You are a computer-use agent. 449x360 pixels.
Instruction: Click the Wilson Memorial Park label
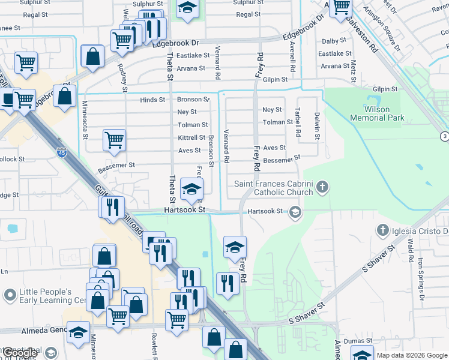(384, 113)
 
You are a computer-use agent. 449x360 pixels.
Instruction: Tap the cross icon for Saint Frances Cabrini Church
(322, 187)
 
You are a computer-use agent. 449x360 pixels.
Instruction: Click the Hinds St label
(152, 100)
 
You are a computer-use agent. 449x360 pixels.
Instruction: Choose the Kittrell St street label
(191, 137)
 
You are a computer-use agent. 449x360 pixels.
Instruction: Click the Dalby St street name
(331, 41)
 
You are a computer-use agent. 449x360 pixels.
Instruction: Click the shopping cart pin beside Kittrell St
(114, 140)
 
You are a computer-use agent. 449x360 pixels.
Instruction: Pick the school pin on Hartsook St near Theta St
(192, 190)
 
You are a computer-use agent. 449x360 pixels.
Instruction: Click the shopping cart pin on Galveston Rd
(341, 7)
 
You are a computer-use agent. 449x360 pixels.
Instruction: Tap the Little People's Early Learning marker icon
(10, 295)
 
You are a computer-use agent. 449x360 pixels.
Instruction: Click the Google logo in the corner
(19, 353)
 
